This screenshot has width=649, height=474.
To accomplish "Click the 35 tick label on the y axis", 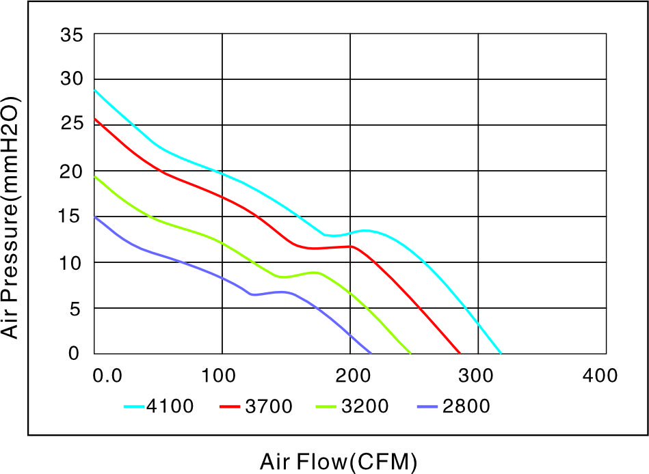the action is [72, 35].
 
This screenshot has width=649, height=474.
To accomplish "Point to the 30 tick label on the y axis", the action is [72, 79].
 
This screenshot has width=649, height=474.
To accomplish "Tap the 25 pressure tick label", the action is [72, 123].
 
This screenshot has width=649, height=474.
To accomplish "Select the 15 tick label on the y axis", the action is [70, 216].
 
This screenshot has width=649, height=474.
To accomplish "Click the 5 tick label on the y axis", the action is [75, 309].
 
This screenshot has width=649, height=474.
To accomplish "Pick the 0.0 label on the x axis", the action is [107, 376].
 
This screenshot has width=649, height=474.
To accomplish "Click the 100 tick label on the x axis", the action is [219, 376].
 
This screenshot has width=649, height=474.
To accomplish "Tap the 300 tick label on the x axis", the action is [475, 376].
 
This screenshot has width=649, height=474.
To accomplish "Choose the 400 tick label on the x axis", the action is [600, 376].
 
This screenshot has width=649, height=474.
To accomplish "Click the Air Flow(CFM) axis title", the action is [339, 462].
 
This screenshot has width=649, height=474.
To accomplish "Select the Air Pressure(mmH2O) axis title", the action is [10, 218].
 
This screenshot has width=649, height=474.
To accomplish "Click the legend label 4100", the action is [170, 406].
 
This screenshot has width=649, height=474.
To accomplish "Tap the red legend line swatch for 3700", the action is [230, 406].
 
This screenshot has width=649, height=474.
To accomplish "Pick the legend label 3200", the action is [365, 406].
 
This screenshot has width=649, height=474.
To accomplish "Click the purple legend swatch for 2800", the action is [427, 406].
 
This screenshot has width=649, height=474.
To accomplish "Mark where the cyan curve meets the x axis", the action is [501, 353].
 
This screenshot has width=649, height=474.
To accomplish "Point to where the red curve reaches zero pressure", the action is [460, 353].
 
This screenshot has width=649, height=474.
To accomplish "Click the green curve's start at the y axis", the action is [95, 176].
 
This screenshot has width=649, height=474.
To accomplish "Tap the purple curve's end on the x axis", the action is [371, 353].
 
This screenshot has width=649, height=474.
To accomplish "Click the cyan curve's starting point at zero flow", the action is [95, 89].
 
